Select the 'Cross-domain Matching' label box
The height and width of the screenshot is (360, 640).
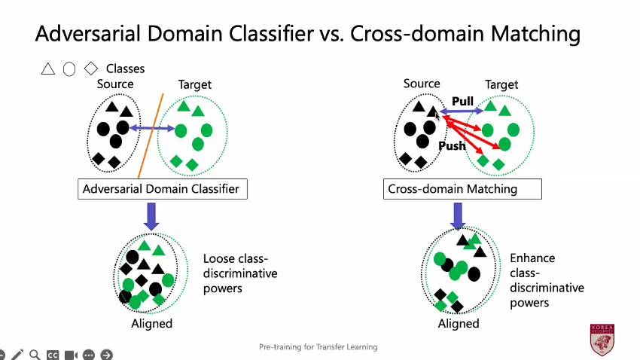point(462,188)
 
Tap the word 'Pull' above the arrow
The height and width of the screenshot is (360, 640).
point(462,101)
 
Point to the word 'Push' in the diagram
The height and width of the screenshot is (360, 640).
point(452,145)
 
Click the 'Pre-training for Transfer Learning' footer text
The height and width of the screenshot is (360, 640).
point(318,347)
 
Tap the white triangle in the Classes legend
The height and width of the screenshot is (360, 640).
point(48,69)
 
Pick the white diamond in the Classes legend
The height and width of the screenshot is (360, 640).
point(91,69)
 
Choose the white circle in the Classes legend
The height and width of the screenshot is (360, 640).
point(69,69)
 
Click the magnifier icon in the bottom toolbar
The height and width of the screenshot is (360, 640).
point(35,354)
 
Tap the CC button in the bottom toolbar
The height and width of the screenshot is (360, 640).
point(53,355)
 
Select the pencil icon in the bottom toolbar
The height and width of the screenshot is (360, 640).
point(17,354)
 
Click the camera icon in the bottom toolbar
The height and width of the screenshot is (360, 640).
point(71,355)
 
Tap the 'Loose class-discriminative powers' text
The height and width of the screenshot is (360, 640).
point(240,273)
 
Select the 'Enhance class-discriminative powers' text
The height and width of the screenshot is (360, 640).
point(547,280)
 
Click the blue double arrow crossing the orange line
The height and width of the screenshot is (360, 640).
point(152,130)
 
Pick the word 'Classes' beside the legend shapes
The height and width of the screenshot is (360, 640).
point(125,69)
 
